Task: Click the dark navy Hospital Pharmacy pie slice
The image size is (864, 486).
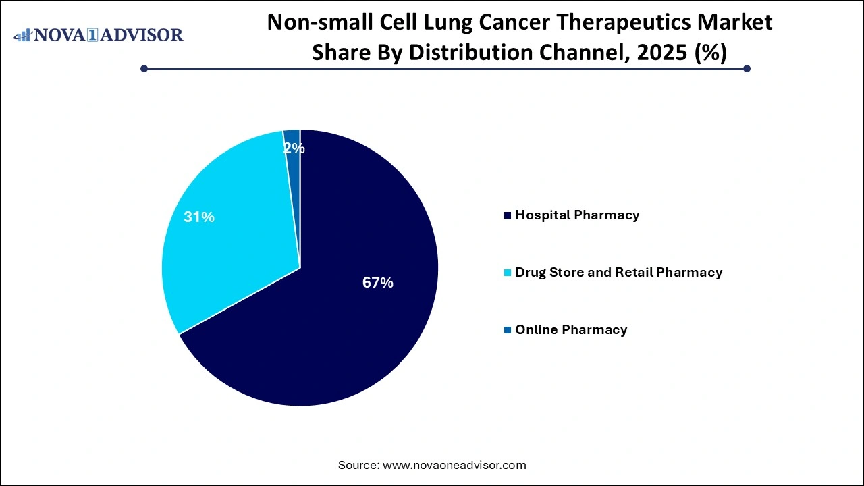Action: click(x=337, y=324)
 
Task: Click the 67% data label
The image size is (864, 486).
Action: click(x=377, y=283)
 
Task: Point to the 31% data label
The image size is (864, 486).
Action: click(x=199, y=217)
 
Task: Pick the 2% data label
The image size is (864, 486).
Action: click(x=294, y=148)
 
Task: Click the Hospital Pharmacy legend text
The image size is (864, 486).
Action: click(x=576, y=215)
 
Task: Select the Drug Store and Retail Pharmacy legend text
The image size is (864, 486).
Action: click(x=618, y=273)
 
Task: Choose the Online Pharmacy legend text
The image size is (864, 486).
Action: click(x=570, y=330)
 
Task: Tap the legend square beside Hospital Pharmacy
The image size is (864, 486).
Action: click(x=507, y=215)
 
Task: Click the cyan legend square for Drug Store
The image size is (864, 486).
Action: click(x=507, y=273)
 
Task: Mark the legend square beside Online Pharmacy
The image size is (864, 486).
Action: click(x=507, y=330)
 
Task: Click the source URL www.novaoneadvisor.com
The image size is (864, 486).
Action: click(x=454, y=465)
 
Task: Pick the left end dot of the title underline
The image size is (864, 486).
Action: click(x=144, y=68)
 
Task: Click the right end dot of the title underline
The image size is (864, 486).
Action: click(x=747, y=68)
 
